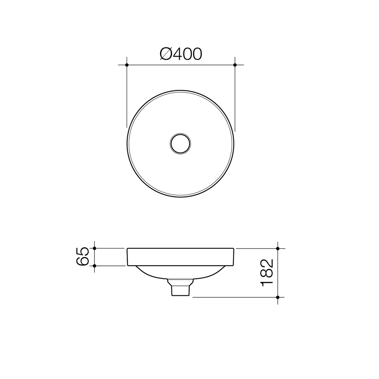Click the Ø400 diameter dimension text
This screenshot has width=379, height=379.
pos(181,54)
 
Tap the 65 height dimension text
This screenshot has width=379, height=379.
pos(82,257)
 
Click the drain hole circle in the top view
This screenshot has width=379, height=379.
pos(180,144)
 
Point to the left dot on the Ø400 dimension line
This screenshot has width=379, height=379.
pos(127,65)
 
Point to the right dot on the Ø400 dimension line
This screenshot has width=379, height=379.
pos(235,65)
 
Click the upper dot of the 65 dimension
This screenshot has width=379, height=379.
pos(94,248)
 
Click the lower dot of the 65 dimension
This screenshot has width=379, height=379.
pos(94,266)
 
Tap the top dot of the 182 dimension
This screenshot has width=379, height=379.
pos(278,248)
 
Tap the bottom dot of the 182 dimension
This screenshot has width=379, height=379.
pos(278,297)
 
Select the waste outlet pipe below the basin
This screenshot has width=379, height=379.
pos(180,290)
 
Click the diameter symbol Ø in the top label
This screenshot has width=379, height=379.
pos(166,54)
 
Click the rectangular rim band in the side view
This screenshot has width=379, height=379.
pos(180,257)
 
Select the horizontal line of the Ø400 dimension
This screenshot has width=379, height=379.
pos(181,65)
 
